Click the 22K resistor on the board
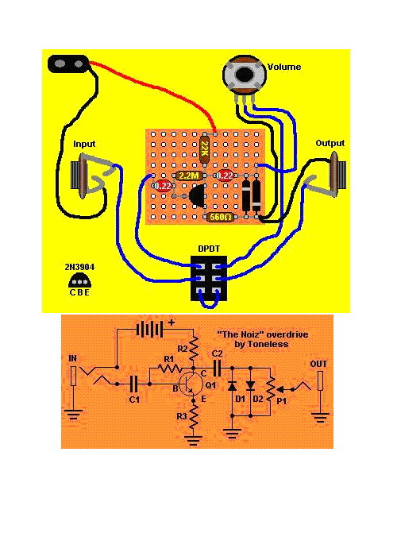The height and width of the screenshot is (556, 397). coord(205,149)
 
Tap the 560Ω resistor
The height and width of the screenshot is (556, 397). coord(221,217)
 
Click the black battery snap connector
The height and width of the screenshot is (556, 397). coord(69,64)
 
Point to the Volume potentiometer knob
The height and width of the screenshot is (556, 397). coord(244,74)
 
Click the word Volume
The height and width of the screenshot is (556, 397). coord(284,67)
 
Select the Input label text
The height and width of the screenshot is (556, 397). coord(84,144)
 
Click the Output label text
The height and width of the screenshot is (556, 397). coord(330,143)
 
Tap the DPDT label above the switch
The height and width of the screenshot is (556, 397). coord(209,249)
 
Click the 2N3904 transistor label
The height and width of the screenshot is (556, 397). coord(79,267)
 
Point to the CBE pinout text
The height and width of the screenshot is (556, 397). coord(79,292)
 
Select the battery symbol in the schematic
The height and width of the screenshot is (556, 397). coord(149,330)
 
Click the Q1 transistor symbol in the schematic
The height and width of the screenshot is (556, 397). coord(190,384)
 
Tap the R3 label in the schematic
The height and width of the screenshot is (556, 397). coord(182,416)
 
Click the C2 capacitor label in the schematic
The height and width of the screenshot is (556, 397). coord(217,354)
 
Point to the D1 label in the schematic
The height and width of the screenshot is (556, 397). coord(241,400)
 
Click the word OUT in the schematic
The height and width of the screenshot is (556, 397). coord(318,364)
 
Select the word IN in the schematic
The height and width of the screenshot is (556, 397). coord(73,358)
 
